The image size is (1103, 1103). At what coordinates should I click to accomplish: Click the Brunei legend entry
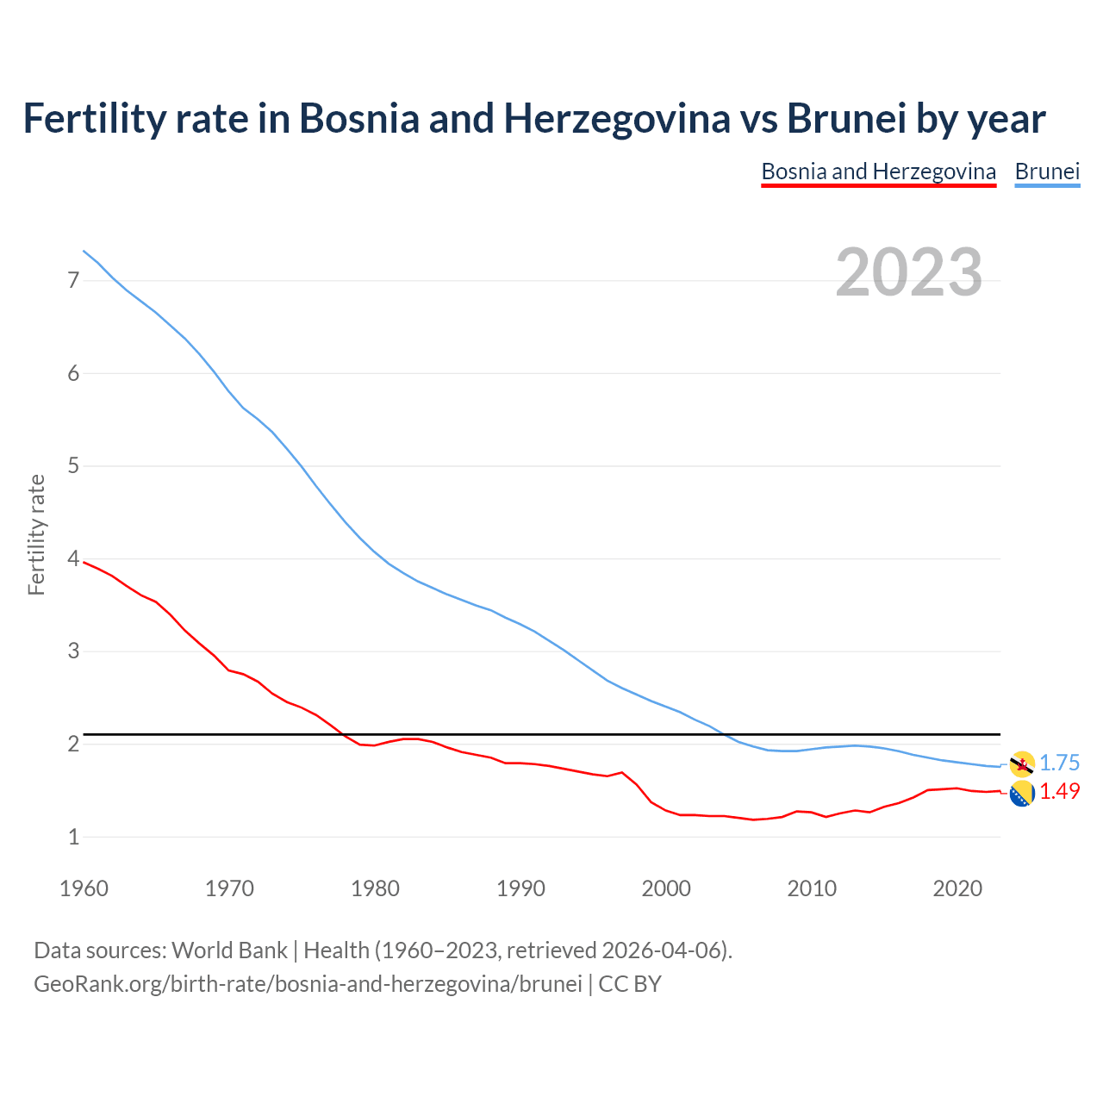tap(1047, 171)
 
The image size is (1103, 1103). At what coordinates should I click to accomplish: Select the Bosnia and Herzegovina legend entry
tap(878, 171)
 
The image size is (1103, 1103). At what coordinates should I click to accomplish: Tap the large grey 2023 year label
tap(908, 272)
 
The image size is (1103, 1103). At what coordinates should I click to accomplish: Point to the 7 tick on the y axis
tap(73, 280)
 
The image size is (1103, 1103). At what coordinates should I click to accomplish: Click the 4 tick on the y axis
tap(73, 559)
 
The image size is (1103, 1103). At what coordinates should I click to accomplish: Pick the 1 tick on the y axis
tap(73, 837)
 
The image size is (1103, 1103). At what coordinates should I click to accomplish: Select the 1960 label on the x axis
tap(84, 888)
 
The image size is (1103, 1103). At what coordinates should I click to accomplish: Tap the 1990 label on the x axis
tap(520, 888)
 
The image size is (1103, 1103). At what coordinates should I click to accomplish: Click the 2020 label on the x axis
tap(957, 888)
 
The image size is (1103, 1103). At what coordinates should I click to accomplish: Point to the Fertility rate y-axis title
tap(36, 534)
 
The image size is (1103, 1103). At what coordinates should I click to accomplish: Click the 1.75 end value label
tap(1059, 763)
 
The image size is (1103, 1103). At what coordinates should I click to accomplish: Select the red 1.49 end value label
tap(1059, 791)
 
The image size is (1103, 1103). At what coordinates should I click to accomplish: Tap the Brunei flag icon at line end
tap(1022, 763)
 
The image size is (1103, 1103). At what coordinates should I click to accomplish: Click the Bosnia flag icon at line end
tap(1022, 795)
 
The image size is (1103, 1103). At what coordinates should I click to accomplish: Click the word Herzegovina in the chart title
tap(616, 118)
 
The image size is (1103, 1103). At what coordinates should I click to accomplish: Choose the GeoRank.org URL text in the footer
tap(308, 984)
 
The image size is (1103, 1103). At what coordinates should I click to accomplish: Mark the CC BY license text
tap(630, 984)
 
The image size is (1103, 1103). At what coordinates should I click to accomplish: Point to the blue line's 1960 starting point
tap(84, 251)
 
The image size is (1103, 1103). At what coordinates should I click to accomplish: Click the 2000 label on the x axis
tap(666, 888)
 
